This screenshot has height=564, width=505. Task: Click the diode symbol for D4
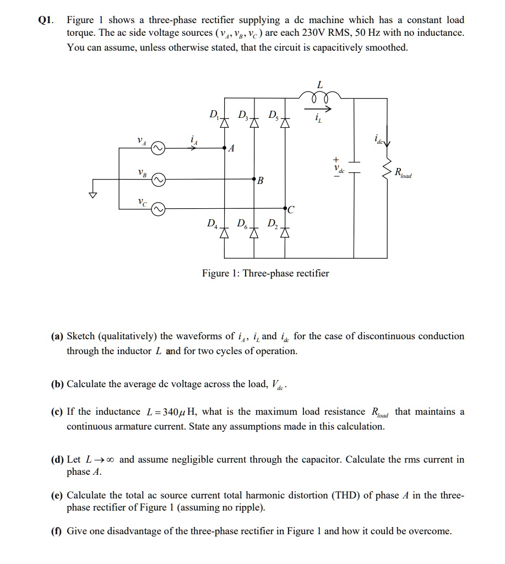(x=224, y=233)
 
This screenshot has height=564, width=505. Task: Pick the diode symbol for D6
(x=254, y=233)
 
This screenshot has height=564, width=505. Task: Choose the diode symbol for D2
(x=285, y=233)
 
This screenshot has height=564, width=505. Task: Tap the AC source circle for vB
(x=158, y=180)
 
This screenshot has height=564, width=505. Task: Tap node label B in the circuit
(x=260, y=180)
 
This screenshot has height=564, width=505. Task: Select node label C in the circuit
(x=291, y=210)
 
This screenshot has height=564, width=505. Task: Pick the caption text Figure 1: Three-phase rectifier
(x=265, y=273)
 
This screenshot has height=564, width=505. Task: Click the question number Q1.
(x=45, y=20)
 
